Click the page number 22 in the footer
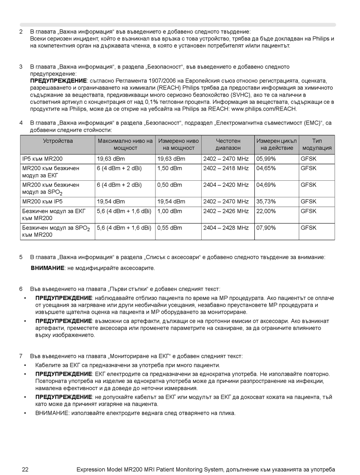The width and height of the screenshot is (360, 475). (x=25, y=470)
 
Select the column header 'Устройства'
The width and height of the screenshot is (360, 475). (x=58, y=141)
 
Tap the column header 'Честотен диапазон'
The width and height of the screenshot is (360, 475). (x=228, y=144)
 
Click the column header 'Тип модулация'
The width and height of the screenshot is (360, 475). (x=317, y=144)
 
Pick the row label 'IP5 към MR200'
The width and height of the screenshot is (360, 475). (x=42, y=159)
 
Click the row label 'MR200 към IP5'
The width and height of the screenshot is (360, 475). (x=42, y=202)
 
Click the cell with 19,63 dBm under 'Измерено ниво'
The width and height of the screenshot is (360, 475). (x=171, y=159)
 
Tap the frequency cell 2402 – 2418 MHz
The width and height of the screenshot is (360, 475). (x=226, y=168)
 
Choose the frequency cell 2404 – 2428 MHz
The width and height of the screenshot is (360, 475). (x=226, y=228)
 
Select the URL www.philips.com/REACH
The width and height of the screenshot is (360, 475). (x=264, y=109)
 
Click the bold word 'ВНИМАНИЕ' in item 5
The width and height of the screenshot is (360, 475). (x=47, y=268)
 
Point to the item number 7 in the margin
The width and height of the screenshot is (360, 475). (x=21, y=356)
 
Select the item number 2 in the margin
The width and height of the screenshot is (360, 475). (x=21, y=32)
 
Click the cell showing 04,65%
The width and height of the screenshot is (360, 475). (x=266, y=168)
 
